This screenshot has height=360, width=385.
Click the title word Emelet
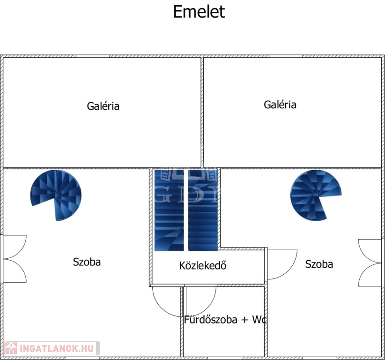pos(199,12)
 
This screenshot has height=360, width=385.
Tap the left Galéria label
pos(103,106)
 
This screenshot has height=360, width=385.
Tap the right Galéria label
pos(280,105)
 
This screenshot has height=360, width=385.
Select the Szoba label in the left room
pos(87,262)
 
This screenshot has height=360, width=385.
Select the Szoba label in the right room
pos(319,264)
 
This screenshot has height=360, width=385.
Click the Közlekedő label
pos(203,265)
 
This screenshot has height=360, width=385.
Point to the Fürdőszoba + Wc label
pos(225,320)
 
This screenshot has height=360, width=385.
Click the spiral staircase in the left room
pos(56,195)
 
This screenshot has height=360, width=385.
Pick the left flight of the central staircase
pos(169,210)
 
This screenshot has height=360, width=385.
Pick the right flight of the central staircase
pos(203,210)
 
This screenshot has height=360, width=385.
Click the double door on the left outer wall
pos(14,259)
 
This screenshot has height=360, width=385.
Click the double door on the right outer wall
pos(371,262)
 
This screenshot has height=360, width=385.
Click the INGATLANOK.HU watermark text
pos(57,348)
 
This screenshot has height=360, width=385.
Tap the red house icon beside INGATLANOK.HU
pos(10,348)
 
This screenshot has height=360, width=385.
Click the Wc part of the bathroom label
pos(259,320)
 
